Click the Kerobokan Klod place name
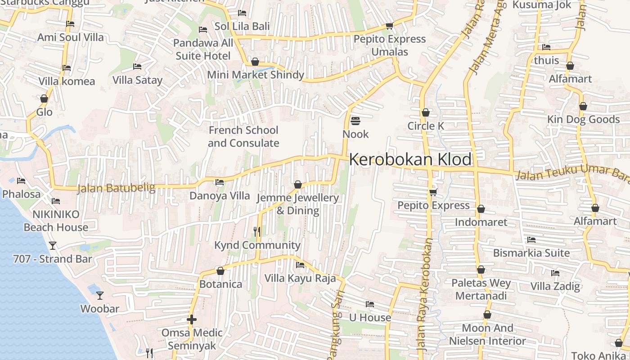pos(410,159)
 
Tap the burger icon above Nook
pos(355,121)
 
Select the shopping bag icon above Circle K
pos(426,112)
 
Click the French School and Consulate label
pos(243,137)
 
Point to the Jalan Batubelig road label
pos(116,188)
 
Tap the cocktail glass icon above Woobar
pos(100,296)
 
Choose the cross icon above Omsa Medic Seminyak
pos(192,319)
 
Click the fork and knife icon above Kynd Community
pos(257,232)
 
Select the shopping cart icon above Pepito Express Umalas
pos(390,26)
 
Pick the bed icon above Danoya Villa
pos(220,182)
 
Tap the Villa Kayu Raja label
pos(300,278)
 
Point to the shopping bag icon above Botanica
pos(220,271)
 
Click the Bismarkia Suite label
pos(531,253)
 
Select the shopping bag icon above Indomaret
pos(481,209)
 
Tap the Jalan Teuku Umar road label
pos(571,173)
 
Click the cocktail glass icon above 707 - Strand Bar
pos(53,246)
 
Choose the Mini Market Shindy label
pos(256,75)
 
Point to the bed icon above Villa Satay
pos(137,67)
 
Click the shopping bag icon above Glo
pos(44,99)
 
